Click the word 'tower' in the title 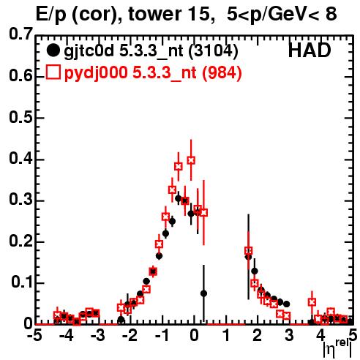(x=154, y=14)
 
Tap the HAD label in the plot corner (x=310, y=50)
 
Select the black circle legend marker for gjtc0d (x=53, y=50)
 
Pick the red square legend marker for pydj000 (x=53, y=72)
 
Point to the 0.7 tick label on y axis (x=20, y=34)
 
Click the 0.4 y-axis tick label (x=20, y=159)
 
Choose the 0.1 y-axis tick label (x=21, y=282)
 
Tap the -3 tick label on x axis (x=98, y=335)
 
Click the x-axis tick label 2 (x=258, y=335)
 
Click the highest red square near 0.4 (x=191, y=160)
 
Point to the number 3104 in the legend (x=213, y=50)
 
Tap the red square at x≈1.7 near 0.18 (x=248, y=250)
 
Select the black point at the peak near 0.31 (x=179, y=198)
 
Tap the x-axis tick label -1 (x=162, y=335)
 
